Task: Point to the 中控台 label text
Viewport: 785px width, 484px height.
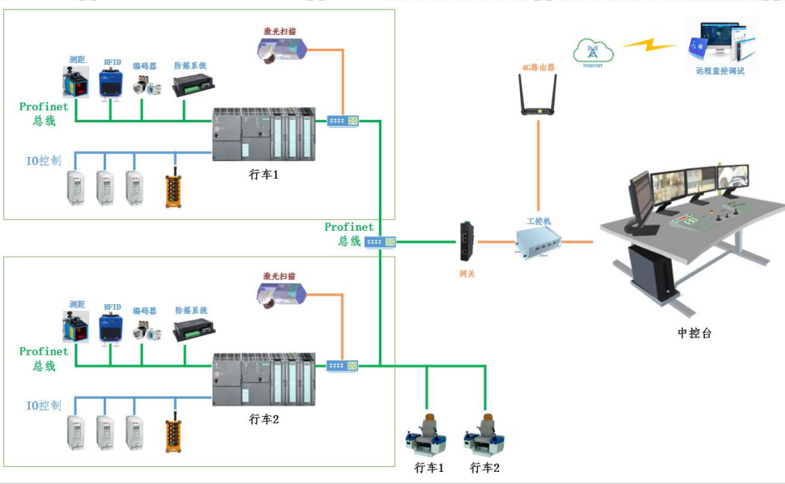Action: point(694,333)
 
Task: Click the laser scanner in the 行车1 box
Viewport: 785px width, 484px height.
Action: point(279,50)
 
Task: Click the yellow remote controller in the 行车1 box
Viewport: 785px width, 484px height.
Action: point(173,187)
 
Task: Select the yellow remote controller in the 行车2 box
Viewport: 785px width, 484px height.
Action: point(173,433)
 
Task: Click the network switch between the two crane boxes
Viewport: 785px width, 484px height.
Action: point(379,242)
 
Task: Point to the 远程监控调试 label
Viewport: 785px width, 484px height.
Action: point(719,70)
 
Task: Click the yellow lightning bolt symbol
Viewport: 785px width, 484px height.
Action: point(648,45)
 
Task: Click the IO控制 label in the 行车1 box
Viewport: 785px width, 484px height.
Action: point(44,160)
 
